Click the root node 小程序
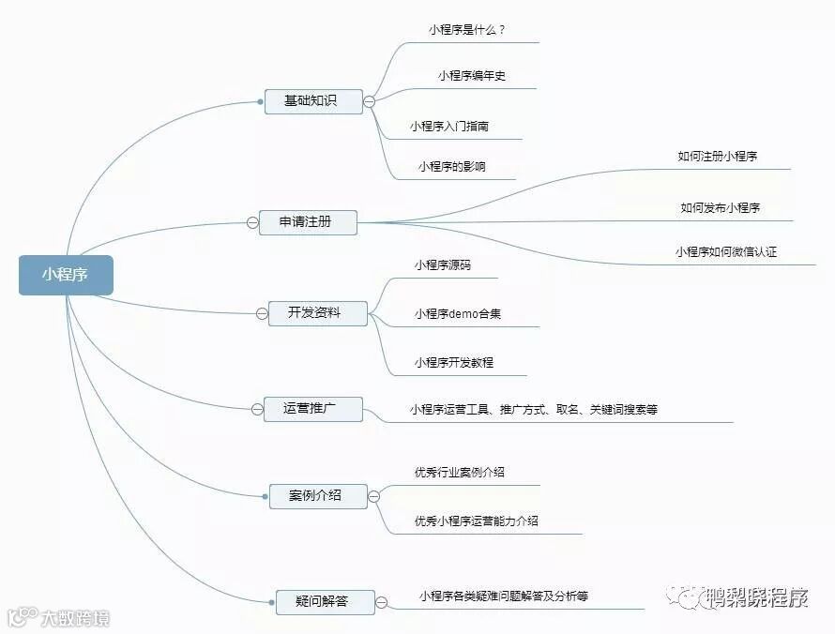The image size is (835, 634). point(66,275)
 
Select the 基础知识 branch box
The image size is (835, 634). point(311,100)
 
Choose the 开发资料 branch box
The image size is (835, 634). point(314,313)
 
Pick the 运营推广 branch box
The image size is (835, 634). point(312,408)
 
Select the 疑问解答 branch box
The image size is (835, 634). point(324,601)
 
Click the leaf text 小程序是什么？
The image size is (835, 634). point(467,29)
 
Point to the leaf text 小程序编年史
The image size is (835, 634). point(471,76)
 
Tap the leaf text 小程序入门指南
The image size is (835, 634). point(448,126)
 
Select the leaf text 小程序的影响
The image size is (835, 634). point(452,167)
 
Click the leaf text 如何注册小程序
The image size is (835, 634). point(717,157)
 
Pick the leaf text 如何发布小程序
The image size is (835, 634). point(720,208)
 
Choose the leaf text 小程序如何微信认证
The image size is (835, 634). point(725,252)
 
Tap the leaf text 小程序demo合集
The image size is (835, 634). point(458,314)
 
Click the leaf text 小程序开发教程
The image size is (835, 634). point(454,362)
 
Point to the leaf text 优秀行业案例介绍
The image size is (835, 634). point(460,472)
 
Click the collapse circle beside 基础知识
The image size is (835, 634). point(370,101)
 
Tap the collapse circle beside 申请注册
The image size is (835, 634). point(252,222)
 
